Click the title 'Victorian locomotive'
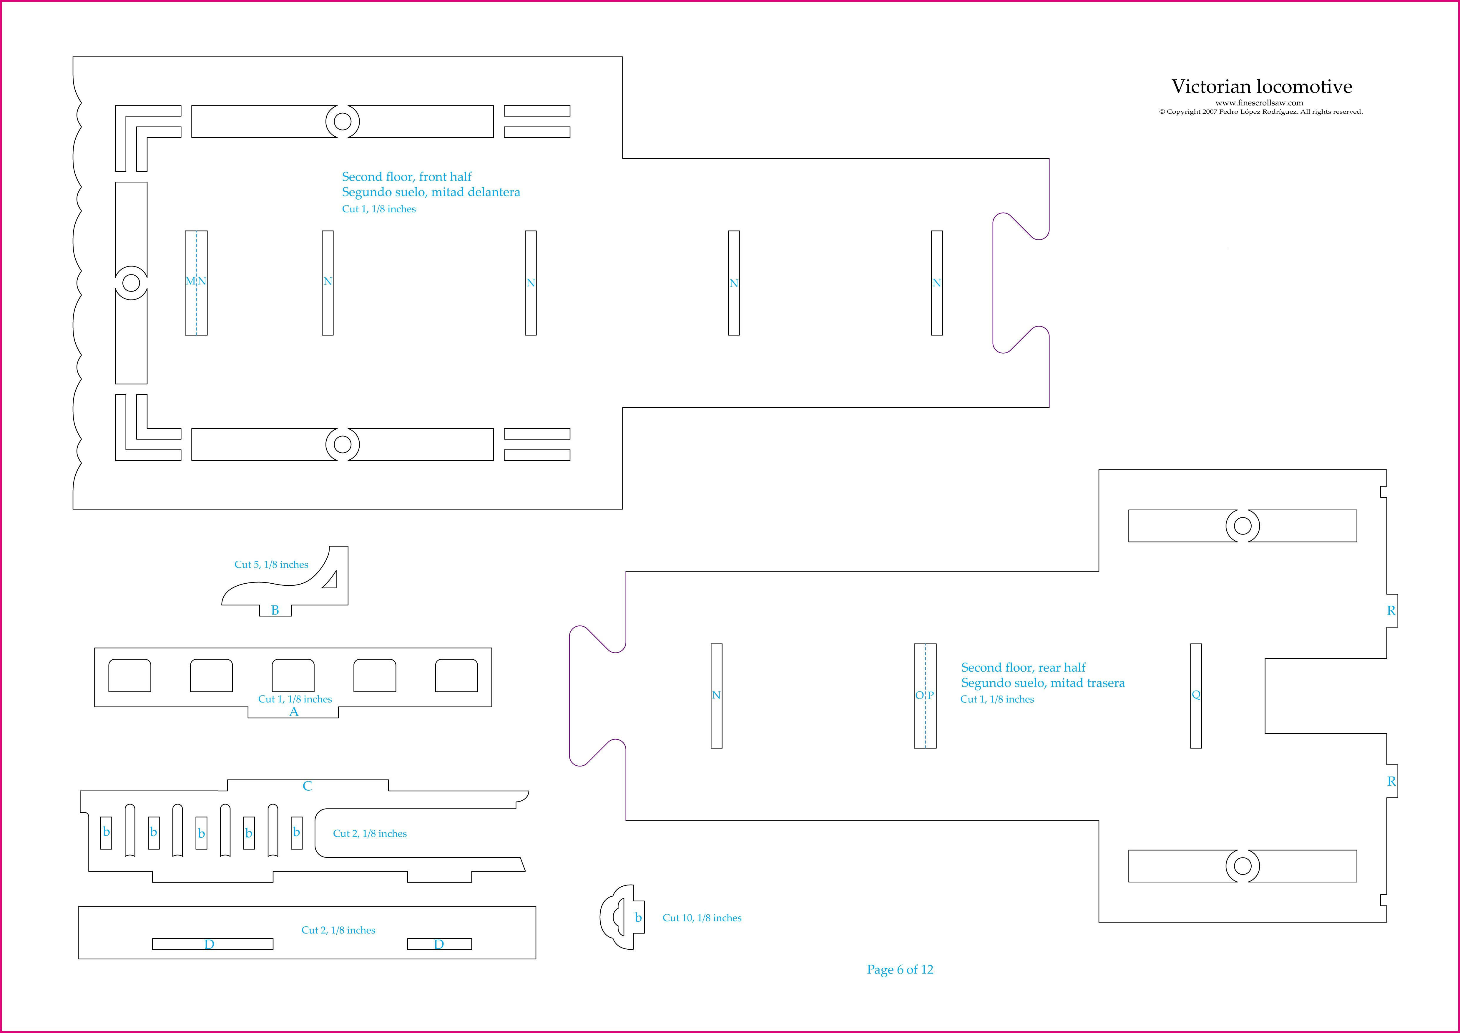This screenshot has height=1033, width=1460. (1262, 87)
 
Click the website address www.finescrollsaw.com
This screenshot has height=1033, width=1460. (1259, 102)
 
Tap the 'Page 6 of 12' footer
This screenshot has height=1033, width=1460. (900, 969)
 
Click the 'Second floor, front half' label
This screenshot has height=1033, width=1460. (406, 177)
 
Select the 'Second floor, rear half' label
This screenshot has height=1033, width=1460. (1023, 667)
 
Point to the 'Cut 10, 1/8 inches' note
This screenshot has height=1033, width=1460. (702, 918)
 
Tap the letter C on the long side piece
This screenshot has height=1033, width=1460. (307, 786)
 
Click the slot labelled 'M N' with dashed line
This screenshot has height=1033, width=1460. (196, 282)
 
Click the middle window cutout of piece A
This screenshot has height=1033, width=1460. (293, 676)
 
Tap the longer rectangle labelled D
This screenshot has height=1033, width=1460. (212, 944)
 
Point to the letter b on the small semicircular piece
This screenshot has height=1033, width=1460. (638, 918)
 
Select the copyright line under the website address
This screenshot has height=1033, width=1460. (1260, 112)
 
